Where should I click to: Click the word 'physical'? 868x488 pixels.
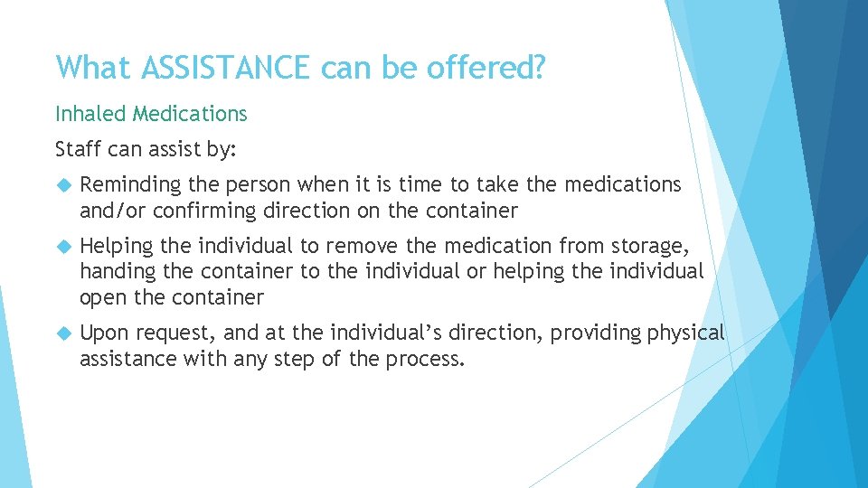[x=685, y=333]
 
